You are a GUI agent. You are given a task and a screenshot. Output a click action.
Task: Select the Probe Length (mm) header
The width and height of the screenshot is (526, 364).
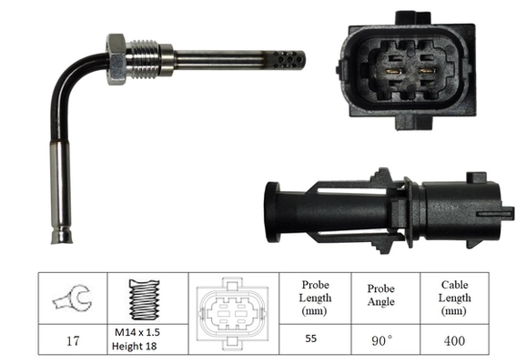click(315, 298)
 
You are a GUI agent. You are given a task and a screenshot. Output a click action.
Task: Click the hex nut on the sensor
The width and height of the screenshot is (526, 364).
click(116, 58)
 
